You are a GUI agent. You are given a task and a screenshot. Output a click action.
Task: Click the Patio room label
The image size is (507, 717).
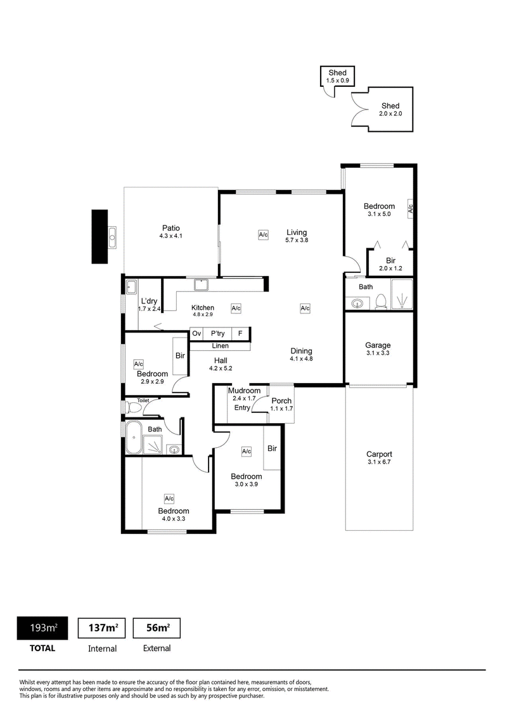pos(170,228)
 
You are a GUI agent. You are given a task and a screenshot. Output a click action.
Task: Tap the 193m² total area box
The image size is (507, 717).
pos(42,628)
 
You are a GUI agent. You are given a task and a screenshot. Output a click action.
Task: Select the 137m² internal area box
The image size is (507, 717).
pos(102,628)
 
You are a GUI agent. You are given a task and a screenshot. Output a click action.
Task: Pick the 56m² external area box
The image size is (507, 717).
pos(157,628)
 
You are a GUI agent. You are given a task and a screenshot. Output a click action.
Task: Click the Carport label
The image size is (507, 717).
pos(379,454)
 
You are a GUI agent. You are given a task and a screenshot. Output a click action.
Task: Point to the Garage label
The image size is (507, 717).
pos(378,345)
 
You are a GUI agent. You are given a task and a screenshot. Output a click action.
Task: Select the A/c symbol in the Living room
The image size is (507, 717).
pos(263,234)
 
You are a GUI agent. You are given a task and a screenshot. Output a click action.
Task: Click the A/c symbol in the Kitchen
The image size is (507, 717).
pos(236,308)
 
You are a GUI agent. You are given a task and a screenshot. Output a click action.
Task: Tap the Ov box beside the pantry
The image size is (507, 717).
pos(196,333)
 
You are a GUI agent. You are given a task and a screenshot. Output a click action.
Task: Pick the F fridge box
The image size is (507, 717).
pos(240,333)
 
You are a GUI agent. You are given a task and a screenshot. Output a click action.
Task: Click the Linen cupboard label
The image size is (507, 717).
pos(220,346)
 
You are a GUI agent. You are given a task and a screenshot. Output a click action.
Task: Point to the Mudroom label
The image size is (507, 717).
pos(244,391)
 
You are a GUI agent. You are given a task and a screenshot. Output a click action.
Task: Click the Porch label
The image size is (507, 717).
pos(281,400)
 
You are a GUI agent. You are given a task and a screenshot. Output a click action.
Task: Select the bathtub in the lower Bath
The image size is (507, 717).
pos(134,438)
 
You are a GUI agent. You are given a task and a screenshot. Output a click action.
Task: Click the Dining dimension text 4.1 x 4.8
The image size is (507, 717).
pos(301,359)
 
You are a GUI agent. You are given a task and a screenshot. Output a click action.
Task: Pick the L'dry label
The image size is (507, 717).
pos(149,301)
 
